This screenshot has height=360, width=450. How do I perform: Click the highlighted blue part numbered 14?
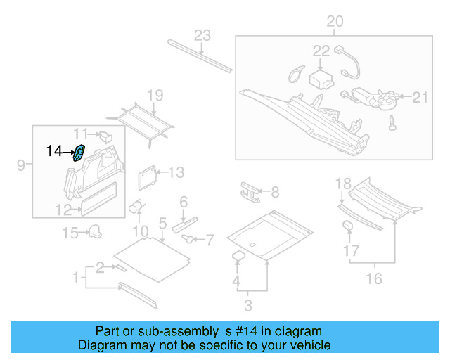(80, 151)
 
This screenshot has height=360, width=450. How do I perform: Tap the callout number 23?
(202, 36)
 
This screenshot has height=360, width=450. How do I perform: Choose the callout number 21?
(420, 97)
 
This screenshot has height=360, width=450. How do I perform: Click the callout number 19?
(155, 96)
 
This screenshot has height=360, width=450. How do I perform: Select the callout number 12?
(63, 209)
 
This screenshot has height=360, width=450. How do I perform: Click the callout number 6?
(184, 202)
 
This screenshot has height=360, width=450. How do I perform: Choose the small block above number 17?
(347, 226)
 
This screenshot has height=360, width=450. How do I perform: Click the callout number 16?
(374, 279)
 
